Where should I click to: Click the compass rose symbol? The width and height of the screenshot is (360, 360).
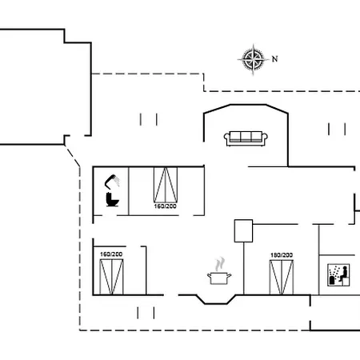[253, 59]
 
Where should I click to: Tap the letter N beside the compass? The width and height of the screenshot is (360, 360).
[274, 58]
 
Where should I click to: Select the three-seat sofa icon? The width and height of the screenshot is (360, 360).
[246, 138]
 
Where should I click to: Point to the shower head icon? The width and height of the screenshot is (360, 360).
[112, 182]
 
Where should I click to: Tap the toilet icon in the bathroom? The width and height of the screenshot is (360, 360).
[112, 199]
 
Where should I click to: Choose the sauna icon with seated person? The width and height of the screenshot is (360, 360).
[338, 275]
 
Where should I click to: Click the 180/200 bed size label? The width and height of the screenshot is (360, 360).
[282, 255]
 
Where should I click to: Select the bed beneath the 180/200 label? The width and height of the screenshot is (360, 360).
[282, 278]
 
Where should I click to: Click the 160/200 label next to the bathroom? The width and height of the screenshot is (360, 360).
[165, 206]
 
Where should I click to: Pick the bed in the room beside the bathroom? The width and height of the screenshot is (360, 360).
[166, 185]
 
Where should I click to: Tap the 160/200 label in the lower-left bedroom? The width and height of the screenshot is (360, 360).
[111, 254]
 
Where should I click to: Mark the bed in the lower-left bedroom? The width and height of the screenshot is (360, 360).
[111, 277]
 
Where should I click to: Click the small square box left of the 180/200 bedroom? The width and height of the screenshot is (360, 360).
[243, 231]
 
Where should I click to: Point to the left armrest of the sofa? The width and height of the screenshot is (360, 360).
[226, 138]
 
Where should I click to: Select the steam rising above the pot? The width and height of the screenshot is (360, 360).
[220, 264]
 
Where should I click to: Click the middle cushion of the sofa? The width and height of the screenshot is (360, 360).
[246, 137]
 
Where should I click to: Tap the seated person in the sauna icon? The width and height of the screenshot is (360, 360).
[343, 274]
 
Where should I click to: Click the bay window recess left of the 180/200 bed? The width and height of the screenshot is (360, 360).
[216, 299]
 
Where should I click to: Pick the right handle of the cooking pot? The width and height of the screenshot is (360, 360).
[229, 275]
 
